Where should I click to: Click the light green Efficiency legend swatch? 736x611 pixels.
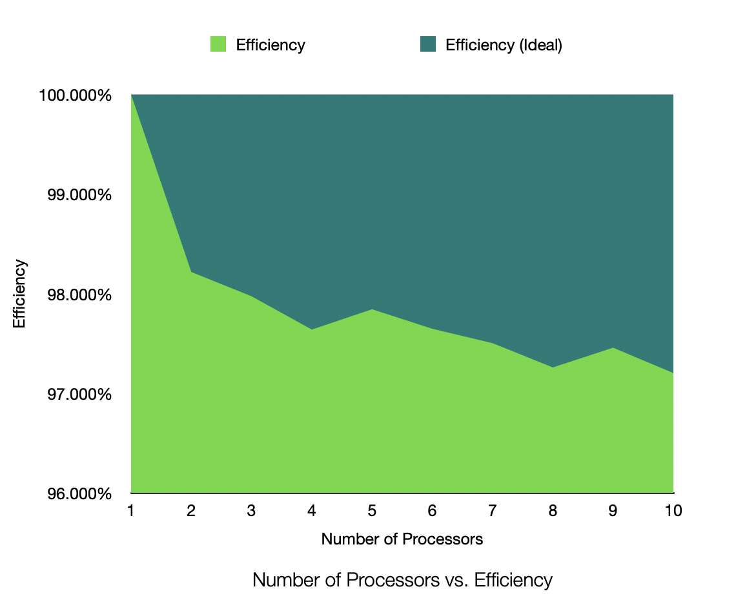pos(218,45)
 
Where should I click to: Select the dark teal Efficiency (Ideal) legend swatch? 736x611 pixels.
pos(428,45)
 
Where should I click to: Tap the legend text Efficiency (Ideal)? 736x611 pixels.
pos(504,45)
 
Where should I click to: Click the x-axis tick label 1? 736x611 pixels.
pos(131,511)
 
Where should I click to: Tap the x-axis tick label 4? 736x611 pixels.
pos(312,511)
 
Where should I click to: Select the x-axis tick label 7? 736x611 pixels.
pos(493,511)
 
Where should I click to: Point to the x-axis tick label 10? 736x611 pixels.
pos(673,511)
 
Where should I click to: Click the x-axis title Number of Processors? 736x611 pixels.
pos(402,539)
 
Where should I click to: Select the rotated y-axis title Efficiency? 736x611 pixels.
pos(20,294)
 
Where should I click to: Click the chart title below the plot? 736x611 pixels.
pos(402,580)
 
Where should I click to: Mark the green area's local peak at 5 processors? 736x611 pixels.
pos(372,309)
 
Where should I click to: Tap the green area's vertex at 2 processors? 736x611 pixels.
pos(192,272)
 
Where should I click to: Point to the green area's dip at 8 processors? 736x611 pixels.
pos(553,367)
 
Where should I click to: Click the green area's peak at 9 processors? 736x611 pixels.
pos(613,347)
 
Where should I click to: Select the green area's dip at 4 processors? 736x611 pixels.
pos(312,329)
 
